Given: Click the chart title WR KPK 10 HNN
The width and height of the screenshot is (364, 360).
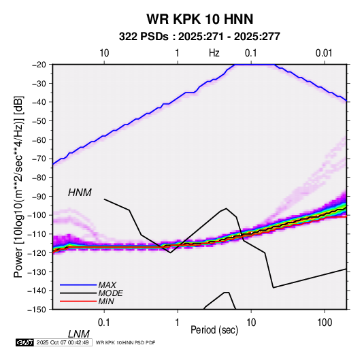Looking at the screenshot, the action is point(199,19).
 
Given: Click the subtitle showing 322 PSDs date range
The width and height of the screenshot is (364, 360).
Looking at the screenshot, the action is point(199,37).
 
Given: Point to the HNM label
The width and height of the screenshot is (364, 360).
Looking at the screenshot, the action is point(80,193).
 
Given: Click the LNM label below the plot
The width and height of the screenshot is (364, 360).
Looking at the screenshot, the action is point(78,334).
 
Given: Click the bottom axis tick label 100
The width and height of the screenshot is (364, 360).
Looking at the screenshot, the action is point(325,323).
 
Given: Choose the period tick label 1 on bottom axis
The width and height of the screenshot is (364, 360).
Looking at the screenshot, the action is point(178,323).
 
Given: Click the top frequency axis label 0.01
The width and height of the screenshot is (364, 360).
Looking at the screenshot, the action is point(324,53).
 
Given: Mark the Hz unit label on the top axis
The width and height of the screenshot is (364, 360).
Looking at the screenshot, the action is point(214,53).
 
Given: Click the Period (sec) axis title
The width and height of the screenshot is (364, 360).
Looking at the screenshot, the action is point(214,330).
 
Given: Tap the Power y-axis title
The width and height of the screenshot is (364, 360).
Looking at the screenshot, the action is point(18,186).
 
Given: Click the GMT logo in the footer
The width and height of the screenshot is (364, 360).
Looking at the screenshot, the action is point(25,342).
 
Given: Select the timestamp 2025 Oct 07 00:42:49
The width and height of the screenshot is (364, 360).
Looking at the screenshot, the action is point(63,342).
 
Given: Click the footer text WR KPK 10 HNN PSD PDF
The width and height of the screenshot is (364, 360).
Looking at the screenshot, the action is point(125,342).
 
